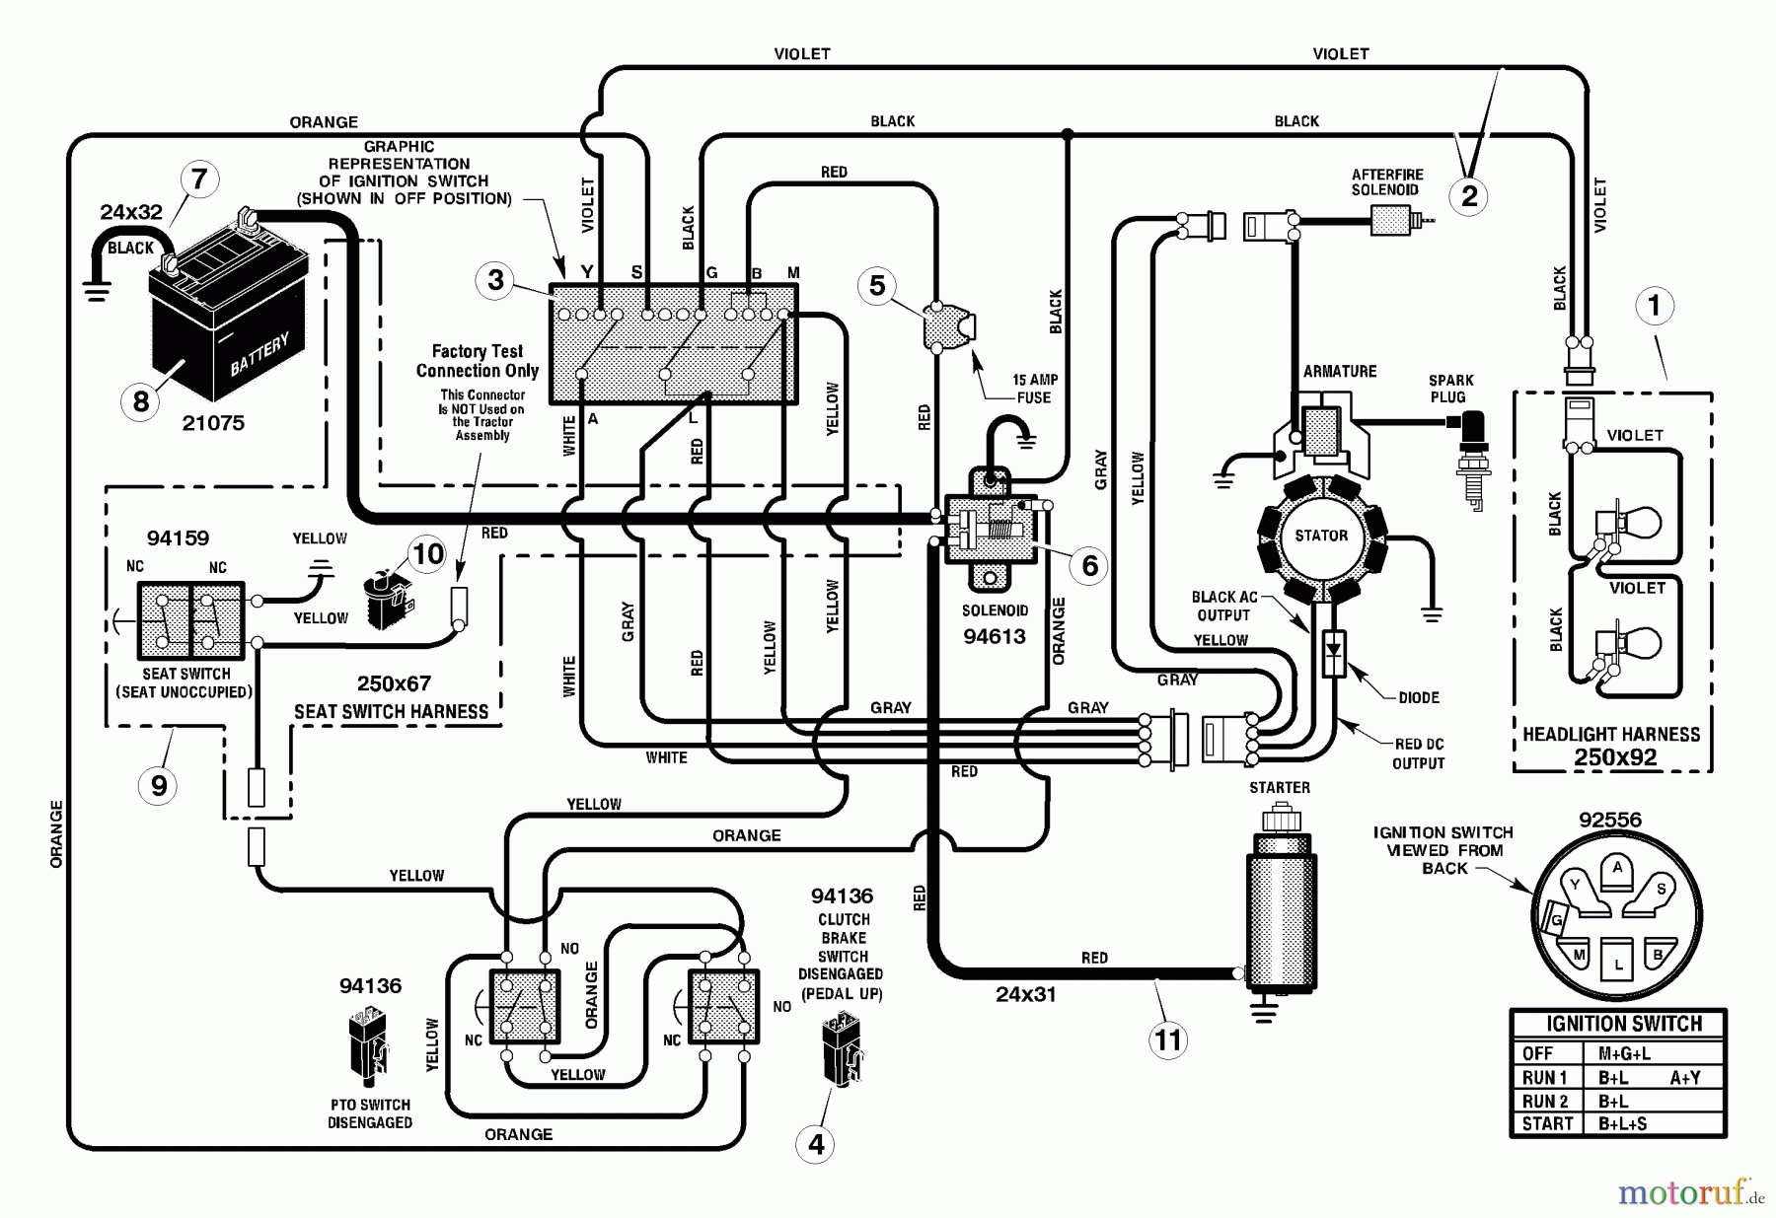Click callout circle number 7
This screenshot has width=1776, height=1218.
(x=200, y=179)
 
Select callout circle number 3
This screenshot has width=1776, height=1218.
(x=495, y=280)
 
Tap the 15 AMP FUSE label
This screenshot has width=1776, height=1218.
(x=1033, y=389)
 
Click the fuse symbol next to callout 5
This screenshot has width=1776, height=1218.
(x=950, y=326)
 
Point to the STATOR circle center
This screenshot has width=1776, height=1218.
(x=1320, y=536)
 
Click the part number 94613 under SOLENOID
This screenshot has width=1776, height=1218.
(x=995, y=636)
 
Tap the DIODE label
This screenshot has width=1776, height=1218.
(x=1419, y=697)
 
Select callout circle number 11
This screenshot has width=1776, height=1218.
(x=1168, y=1039)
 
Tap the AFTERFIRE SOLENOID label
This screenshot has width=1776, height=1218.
(x=1386, y=182)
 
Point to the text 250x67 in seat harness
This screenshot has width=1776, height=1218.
(x=394, y=683)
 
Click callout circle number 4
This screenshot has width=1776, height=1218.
(x=816, y=1144)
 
